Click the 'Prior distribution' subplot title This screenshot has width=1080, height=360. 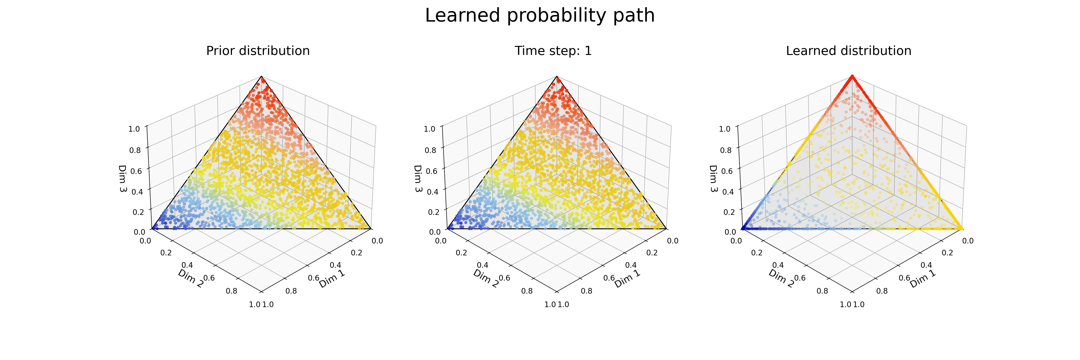(x=258, y=51)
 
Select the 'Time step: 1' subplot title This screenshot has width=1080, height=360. (x=553, y=51)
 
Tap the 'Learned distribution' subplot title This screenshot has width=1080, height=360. (x=848, y=51)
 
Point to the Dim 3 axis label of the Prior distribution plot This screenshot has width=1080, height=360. (x=122, y=178)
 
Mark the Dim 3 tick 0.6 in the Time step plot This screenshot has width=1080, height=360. (x=431, y=171)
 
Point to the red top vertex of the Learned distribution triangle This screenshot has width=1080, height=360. (x=852, y=76)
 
